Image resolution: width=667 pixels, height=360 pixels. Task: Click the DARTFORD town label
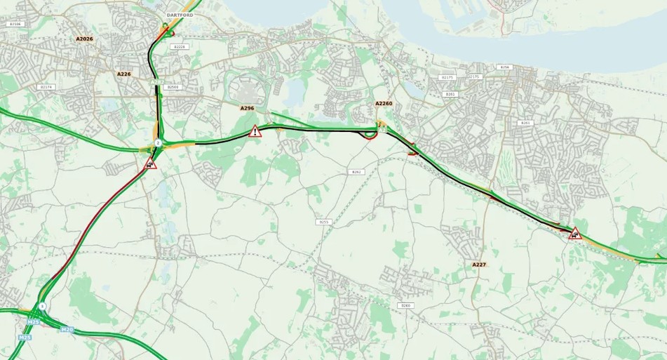click(180, 15)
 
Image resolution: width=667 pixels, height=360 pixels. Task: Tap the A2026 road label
click(84, 39)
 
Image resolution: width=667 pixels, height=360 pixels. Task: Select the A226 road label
click(124, 74)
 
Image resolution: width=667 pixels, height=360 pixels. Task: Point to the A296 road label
click(247, 108)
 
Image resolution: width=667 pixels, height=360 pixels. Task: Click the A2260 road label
click(384, 103)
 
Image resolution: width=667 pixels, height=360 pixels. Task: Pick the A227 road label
click(479, 265)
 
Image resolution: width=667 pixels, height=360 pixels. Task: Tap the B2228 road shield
click(180, 46)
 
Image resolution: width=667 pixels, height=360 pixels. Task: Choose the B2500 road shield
click(173, 87)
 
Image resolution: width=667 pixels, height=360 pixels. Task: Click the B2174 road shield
click(46, 87)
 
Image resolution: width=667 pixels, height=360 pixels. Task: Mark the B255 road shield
click(323, 222)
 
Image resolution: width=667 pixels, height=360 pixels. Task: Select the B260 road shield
click(405, 305)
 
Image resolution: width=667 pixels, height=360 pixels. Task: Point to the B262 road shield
click(356, 171)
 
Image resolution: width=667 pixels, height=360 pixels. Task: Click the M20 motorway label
click(67, 329)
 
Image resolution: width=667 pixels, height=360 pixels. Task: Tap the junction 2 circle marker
click(158, 142)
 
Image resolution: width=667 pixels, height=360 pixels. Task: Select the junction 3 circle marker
click(43, 306)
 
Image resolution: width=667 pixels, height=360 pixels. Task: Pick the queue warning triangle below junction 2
click(150, 164)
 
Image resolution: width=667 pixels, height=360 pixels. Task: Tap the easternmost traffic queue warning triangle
click(575, 234)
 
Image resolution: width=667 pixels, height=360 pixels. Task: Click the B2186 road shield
click(15, 24)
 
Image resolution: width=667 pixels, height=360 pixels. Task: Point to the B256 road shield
click(504, 67)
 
